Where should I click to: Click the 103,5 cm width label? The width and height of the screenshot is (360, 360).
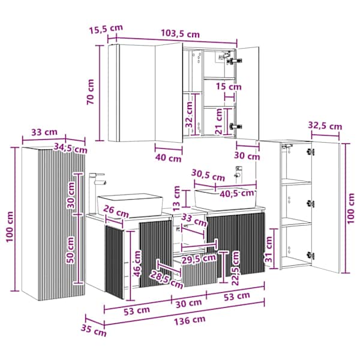click(x=180, y=34)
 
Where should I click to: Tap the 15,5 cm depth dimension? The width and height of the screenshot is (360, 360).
click(x=106, y=29)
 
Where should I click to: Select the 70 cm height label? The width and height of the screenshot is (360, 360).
click(x=91, y=92)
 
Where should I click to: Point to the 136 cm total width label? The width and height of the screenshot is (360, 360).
click(x=190, y=320)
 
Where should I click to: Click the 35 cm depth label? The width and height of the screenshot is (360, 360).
click(x=94, y=331)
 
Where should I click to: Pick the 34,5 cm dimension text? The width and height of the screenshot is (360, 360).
click(x=70, y=148)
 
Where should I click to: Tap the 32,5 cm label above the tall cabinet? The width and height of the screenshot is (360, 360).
click(x=325, y=126)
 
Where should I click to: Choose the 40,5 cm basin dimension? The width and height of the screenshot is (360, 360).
click(x=237, y=193)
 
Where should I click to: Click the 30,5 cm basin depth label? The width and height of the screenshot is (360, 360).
click(x=208, y=175)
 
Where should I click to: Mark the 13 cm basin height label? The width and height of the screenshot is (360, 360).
click(x=176, y=199)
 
